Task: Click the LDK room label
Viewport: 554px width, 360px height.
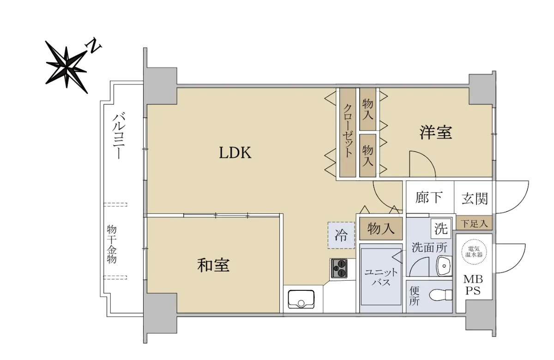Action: click(x=235, y=153)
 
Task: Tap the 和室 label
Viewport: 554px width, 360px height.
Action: click(x=213, y=265)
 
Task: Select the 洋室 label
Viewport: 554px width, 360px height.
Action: click(x=436, y=133)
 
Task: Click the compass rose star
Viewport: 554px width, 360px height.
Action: click(x=66, y=67)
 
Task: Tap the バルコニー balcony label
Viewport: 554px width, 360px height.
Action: click(x=119, y=136)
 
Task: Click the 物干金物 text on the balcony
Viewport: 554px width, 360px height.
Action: click(x=112, y=244)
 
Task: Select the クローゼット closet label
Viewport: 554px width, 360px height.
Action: click(x=348, y=131)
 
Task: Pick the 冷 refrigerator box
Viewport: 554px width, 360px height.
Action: click(x=341, y=235)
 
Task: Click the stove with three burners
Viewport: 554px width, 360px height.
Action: click(x=338, y=268)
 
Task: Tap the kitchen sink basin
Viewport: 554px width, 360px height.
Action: click(x=301, y=299)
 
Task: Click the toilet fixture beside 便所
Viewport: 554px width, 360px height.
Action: click(x=440, y=295)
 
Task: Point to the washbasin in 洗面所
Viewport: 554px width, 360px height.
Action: click(x=444, y=266)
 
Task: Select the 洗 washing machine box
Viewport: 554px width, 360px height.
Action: click(x=441, y=228)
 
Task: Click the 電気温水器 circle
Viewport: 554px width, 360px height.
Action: click(x=474, y=252)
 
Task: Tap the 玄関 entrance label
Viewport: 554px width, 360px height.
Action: click(x=475, y=198)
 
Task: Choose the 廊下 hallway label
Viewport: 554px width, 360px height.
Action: click(x=429, y=198)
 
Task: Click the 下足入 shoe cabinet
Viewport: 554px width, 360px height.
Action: click(x=474, y=223)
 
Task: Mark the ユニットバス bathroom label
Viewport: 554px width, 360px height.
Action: click(x=381, y=277)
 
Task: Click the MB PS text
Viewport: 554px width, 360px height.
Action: click(x=473, y=285)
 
